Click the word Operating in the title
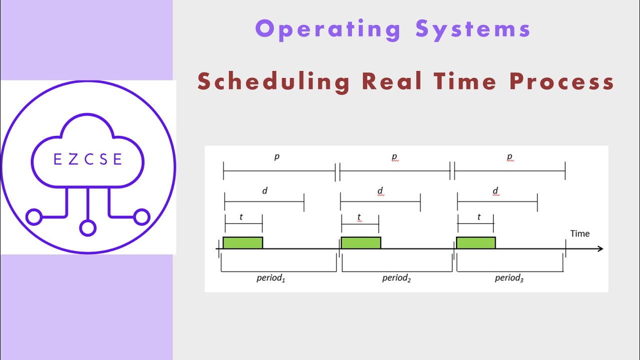click(328, 29)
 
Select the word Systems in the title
click(473, 29)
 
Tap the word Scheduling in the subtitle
click(273, 81)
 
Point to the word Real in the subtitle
click(391, 81)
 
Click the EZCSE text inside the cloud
click(87, 159)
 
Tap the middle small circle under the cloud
click(87, 228)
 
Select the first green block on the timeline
click(242, 243)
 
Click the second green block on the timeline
click(360, 243)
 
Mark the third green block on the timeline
click(475, 243)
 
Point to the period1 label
click(270, 278)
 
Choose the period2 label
click(396, 278)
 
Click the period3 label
click(509, 278)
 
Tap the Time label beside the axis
click(580, 233)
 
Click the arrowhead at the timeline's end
click(600, 248)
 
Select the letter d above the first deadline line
click(264, 190)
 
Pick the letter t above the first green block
click(241, 217)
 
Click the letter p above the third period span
click(509, 156)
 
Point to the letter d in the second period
click(380, 190)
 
